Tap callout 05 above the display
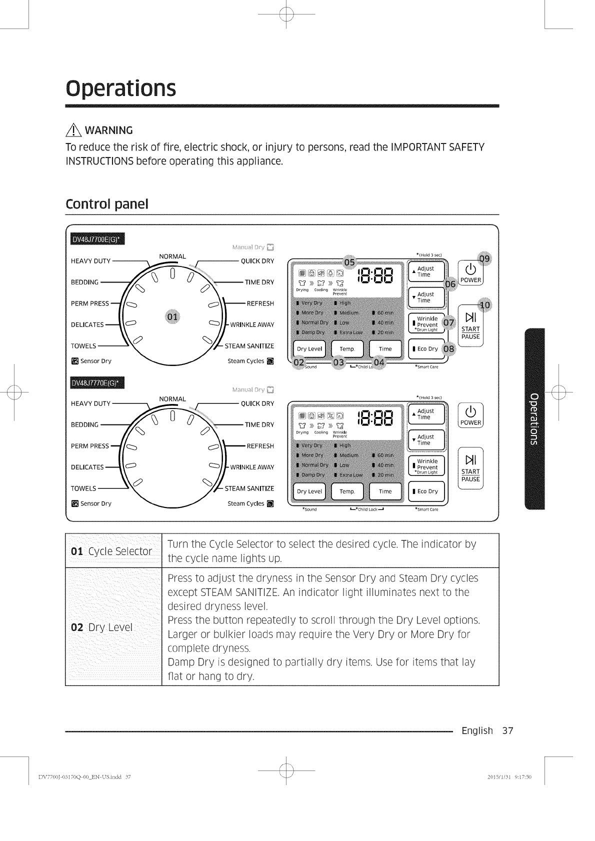pos(349,261)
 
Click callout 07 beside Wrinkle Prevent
pos(449,322)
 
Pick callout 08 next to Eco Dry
pos(449,348)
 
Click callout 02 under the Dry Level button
pos(299,362)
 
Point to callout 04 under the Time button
pos(379,362)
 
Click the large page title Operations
pos(121,88)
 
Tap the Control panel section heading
pos(107,204)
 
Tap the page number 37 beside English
pos(507,730)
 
